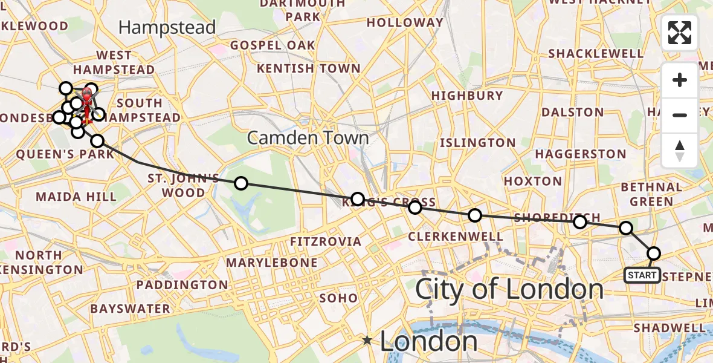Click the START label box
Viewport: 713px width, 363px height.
[x=642, y=275]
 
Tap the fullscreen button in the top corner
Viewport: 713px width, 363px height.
[x=680, y=33]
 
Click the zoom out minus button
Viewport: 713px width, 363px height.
[x=680, y=115]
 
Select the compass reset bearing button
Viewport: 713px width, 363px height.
[x=680, y=150]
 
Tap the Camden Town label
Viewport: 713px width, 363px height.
[x=308, y=138]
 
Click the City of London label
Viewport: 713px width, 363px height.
[x=509, y=290]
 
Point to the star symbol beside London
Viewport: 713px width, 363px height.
[x=367, y=341]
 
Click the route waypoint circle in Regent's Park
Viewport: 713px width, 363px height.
[x=241, y=183]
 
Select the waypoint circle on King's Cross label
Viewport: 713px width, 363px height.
[x=358, y=199]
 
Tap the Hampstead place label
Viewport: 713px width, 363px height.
[x=167, y=27]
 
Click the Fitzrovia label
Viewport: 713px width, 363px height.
[x=325, y=242]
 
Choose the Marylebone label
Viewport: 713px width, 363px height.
[x=271, y=263]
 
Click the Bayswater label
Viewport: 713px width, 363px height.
[x=130, y=309]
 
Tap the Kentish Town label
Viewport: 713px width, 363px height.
[x=309, y=68]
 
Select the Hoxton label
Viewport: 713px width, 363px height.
[x=533, y=181]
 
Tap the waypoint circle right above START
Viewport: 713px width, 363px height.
[x=653, y=253]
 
